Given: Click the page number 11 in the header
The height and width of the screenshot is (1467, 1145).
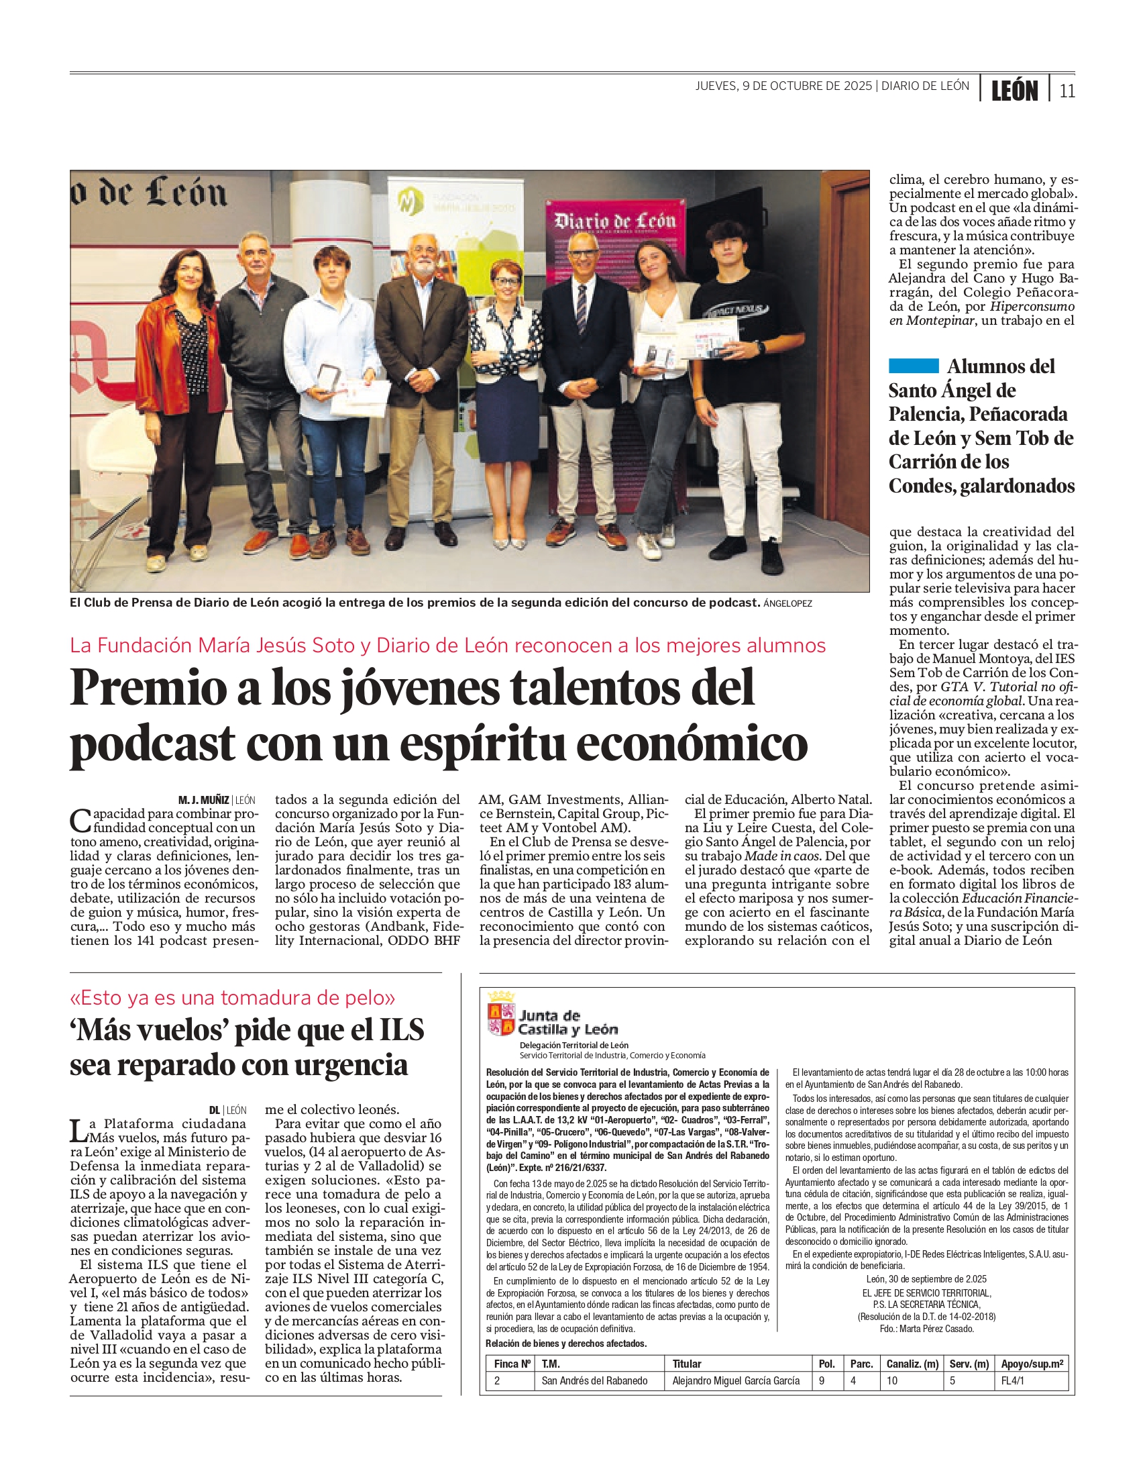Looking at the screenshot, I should [1067, 91].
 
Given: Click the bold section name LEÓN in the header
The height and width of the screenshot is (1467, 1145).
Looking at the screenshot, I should [1014, 91].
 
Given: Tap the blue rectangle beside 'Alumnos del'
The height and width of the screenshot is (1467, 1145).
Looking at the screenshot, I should [914, 366].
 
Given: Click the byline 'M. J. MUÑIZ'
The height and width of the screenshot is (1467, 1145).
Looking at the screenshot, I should [203, 800].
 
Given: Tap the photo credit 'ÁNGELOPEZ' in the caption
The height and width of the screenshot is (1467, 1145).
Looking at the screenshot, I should [787, 603].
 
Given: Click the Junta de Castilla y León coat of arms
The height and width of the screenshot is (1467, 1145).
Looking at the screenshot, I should [500, 1014].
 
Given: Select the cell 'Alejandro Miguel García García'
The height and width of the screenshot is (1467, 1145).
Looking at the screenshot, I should [735, 1380].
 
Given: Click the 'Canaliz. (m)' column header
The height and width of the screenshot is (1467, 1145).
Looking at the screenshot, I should [912, 1364].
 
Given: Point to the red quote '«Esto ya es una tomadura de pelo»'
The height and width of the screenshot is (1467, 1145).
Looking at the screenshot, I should [232, 997].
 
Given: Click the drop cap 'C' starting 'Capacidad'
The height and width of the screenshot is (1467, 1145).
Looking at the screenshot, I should [80, 821].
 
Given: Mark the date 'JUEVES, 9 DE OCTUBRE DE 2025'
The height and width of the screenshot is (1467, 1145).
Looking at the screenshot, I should [783, 86].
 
